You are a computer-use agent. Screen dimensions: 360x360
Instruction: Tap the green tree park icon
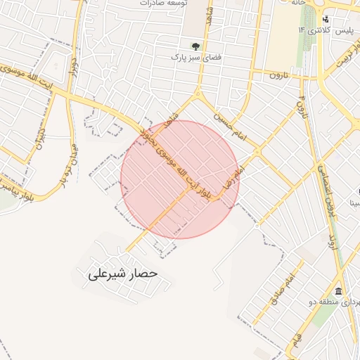pos(195,46)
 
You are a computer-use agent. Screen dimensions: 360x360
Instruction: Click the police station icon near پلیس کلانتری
pos(324,19)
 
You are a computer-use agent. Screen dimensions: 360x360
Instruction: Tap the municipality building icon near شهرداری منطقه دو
pos(338,292)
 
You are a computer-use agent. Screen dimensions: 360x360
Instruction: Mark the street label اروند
pos(334,236)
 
